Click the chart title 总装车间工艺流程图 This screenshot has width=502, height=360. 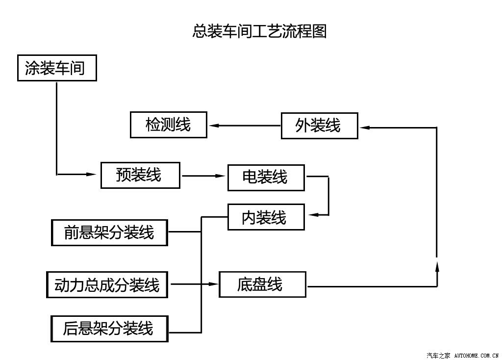point(259,31)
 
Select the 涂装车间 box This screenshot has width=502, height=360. point(57,68)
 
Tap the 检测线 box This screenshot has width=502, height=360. point(169,125)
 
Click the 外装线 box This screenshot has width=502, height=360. point(320,126)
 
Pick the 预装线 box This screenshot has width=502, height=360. point(140,175)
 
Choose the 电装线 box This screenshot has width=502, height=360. point(266,178)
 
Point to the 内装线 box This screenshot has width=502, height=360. point(266,217)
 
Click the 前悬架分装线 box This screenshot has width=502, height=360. point(109,232)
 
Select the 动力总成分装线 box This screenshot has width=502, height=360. point(107,285)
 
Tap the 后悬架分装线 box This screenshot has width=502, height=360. point(109,329)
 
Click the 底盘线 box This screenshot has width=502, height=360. point(263,284)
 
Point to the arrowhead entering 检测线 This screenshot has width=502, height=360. point(214,126)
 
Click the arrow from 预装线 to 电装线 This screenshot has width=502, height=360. point(203,176)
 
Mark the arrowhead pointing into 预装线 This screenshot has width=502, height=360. point(91,174)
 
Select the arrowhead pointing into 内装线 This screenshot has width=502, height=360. point(314,215)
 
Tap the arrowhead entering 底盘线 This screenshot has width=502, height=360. point(213,284)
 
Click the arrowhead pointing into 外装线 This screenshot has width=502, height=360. point(365,128)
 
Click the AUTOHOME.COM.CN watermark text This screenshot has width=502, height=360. point(477,356)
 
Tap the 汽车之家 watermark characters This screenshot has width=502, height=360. point(438,356)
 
